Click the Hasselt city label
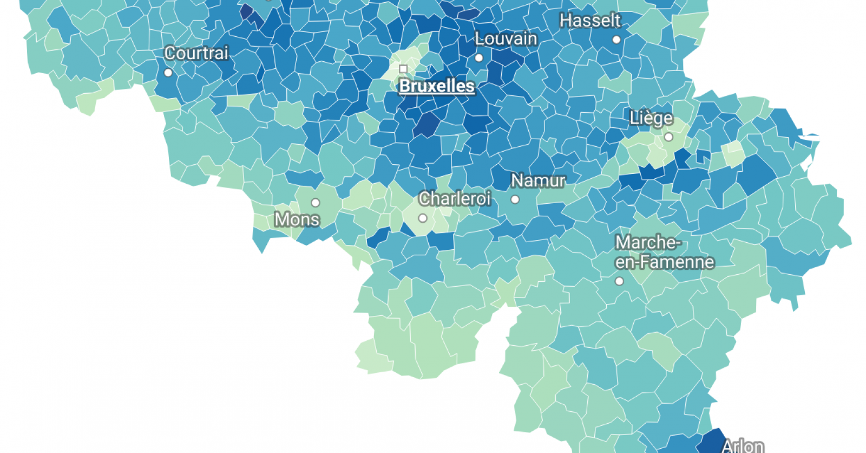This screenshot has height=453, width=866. pos(590,21)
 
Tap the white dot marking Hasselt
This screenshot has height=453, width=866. pos(616,40)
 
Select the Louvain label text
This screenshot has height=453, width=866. pos(506,39)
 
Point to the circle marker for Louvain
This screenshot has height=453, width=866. pos(479,58)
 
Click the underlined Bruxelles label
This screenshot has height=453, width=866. pos(436,86)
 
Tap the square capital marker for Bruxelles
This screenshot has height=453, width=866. pos(403,69)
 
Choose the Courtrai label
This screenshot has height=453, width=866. pos(196,53)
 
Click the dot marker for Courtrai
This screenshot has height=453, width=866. pos(168,73)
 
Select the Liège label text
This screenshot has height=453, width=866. pos(651,118)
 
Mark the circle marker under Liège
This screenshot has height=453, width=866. pos(669,137)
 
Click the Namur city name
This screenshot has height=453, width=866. pos(538,180)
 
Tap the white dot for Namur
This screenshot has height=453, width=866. pos(515,199)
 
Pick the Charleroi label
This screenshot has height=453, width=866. pos(455,199)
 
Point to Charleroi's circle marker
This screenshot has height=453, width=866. pos(423,218)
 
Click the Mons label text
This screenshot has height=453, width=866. pos(297,219)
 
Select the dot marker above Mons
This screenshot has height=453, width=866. pos(316,203)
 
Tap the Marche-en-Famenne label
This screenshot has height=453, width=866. pos(664,252)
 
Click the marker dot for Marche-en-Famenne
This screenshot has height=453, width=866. pos(619,281)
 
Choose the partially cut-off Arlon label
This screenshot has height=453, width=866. pos(743,446)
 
